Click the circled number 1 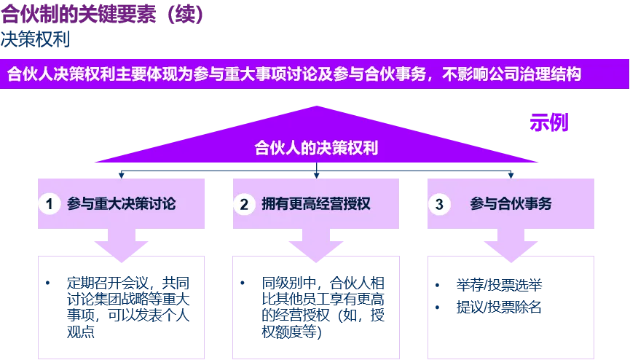click(49, 205)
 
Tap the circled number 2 click(244, 205)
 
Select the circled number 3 click(438, 205)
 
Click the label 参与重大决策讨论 click(121, 204)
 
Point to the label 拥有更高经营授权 click(316, 204)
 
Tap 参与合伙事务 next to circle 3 click(511, 204)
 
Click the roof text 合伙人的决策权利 click(315, 148)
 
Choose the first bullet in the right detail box click(438, 284)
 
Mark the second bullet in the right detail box click(438, 308)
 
